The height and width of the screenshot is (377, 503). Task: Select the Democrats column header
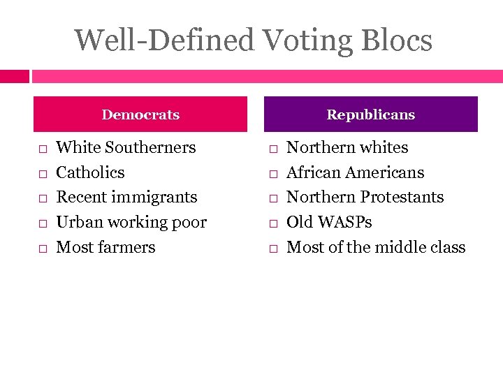pos(140,114)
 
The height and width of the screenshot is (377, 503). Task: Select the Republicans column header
pos(370,114)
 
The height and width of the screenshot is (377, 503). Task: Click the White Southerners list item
pos(126,147)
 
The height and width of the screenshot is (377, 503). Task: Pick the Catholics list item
pos(90,172)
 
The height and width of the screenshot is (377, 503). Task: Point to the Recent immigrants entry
pos(126,197)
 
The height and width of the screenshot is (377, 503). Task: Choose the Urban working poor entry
pos(131,222)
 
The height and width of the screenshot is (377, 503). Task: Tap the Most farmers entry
pos(105,247)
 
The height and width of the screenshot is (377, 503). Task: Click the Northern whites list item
pos(347,147)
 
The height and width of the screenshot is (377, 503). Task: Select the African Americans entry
pos(356,172)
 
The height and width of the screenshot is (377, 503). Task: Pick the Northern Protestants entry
pos(365,197)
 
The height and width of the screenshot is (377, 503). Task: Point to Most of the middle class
pos(376,247)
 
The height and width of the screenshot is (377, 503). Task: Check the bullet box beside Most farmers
pos(43,249)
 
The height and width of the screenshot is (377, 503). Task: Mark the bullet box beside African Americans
pos(273,174)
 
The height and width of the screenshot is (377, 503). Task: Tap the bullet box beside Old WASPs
pos(273,223)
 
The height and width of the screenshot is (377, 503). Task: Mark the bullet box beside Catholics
pos(43,174)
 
